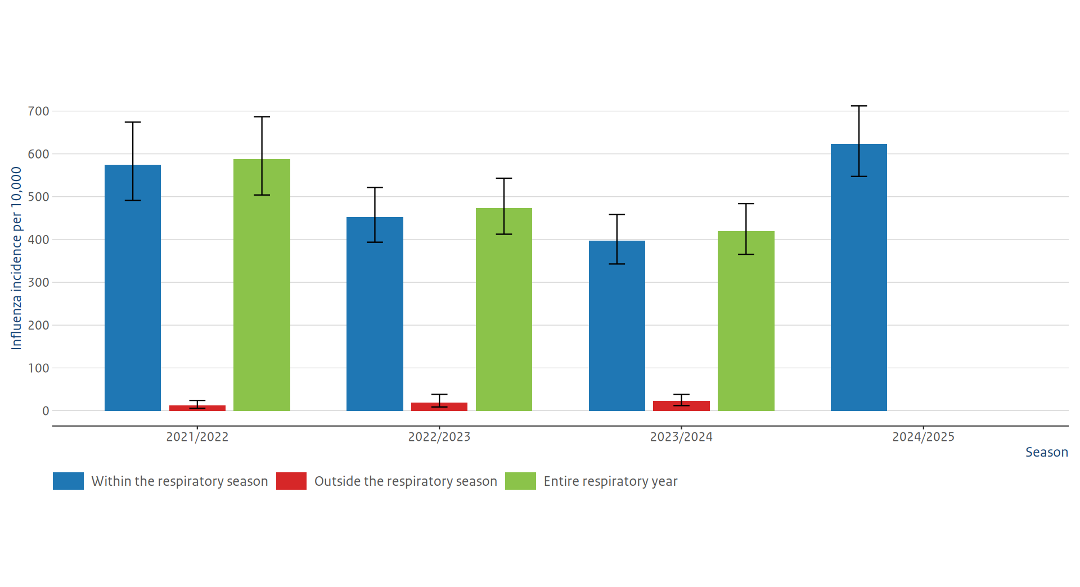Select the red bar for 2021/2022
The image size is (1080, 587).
pos(197,408)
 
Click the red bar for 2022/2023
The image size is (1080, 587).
pos(439,407)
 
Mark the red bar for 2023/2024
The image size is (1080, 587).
pos(681,406)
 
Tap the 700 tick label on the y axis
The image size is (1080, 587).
pos(39,111)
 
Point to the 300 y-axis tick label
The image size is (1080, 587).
pos(39,282)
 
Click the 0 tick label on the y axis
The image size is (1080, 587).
pos(46,411)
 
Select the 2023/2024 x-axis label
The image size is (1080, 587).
pos(681,437)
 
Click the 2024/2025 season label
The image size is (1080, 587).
pos(923,437)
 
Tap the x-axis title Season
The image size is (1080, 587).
pos(1046,452)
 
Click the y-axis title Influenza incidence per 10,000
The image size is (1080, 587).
pos(16,258)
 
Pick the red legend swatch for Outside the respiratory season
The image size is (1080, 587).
pos(291,481)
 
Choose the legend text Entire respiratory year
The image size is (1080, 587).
pos(610,481)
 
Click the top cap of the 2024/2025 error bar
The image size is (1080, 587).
pos(858,106)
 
